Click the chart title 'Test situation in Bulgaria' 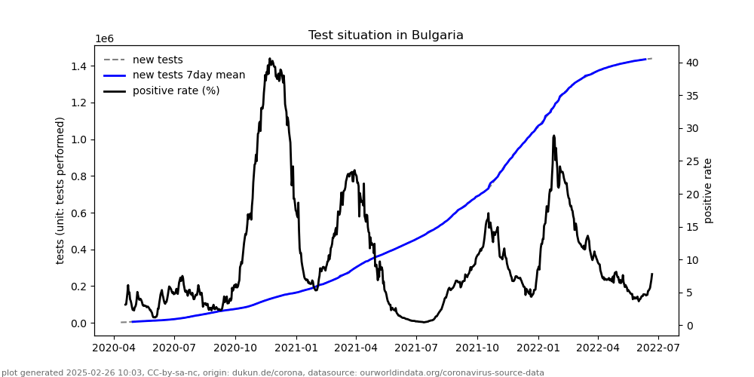385,35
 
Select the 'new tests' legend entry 158,60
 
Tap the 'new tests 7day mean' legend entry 188,75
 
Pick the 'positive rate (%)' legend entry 176,90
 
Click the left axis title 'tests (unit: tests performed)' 60,190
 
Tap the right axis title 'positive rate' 708,190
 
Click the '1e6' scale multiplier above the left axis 104,39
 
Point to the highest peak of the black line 270,59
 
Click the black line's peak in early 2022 553,136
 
